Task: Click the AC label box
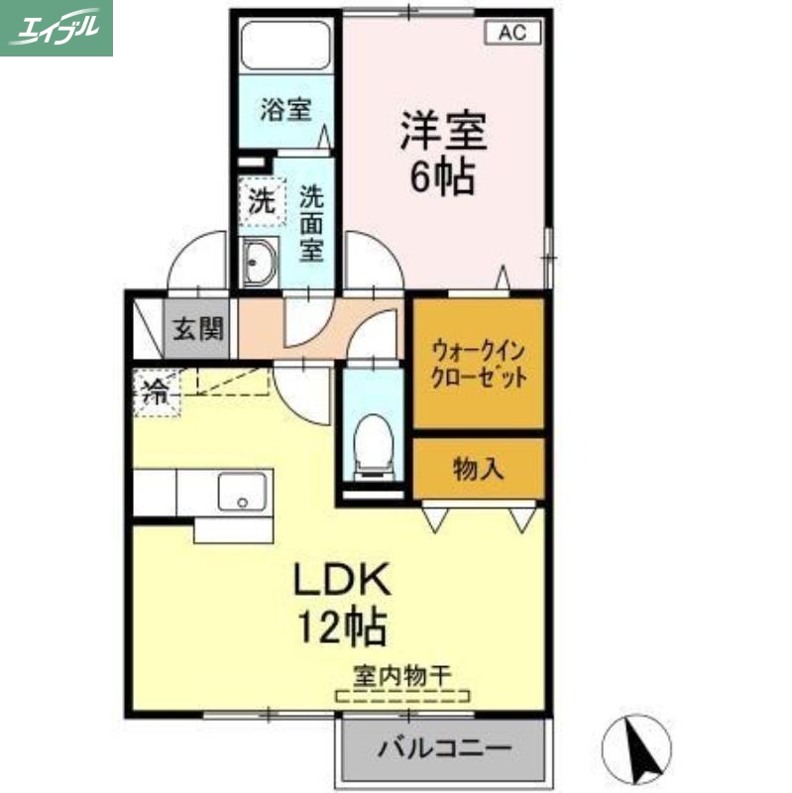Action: pos(511,32)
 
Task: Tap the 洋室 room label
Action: pos(443,134)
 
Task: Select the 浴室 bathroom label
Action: pos(285,110)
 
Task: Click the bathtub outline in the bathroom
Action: pos(288,44)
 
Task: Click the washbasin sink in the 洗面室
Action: pos(261,263)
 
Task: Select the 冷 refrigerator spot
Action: pos(155,390)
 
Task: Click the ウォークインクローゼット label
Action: pos(478,364)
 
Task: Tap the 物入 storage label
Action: pos(479,469)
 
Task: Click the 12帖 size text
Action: pos(342,625)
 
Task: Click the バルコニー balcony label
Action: pos(443,746)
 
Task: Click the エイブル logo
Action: pos(56,28)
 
